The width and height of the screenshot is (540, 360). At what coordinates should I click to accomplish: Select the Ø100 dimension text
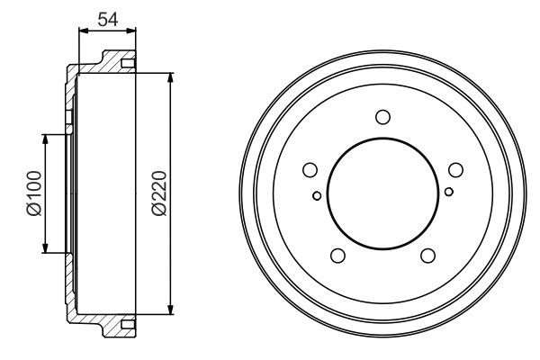click(x=33, y=194)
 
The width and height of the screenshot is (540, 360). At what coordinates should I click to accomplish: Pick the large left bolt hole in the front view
click(x=310, y=170)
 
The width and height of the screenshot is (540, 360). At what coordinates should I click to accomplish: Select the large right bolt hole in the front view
click(x=454, y=170)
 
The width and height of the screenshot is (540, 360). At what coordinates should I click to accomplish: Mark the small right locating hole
click(x=448, y=190)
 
